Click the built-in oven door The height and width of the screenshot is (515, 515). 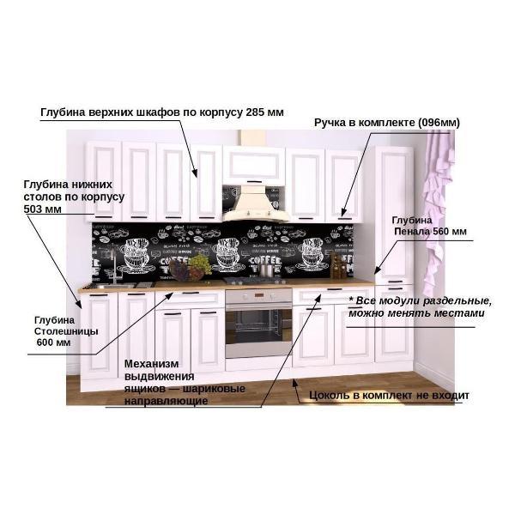pos(258,330)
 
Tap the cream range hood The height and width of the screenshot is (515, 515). pos(254,201)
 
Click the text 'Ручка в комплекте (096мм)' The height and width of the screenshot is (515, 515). pos(386,123)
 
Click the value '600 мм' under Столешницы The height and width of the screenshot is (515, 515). pos(52,342)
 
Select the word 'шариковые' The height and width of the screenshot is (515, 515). pos(215,389)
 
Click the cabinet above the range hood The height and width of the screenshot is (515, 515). pos(254,164)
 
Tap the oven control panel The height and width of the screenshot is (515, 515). pos(258,296)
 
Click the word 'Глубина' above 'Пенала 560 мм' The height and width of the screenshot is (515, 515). pos(412,220)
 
